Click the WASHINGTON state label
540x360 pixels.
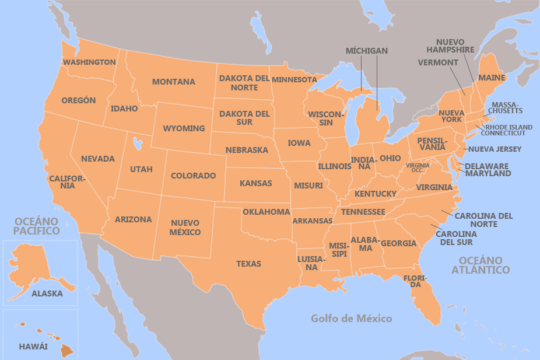point(89,62)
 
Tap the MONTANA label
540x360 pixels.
point(173,82)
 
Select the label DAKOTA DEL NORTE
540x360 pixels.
point(244,83)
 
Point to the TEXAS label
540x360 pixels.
point(248,264)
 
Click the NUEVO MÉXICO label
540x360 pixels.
point(185,228)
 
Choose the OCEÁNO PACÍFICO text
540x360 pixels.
point(37,226)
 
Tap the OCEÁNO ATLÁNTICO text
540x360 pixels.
point(481,265)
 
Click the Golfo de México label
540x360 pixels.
point(351,319)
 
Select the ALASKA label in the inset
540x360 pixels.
point(47,293)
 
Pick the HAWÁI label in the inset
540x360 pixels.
point(33,347)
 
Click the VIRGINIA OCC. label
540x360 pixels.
point(418,167)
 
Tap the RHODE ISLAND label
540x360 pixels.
point(509,127)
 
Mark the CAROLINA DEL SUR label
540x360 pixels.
point(456,238)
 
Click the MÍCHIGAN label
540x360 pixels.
point(366,51)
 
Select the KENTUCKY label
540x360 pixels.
point(375,194)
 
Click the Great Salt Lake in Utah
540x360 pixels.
point(138,142)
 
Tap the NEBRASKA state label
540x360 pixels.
point(247,150)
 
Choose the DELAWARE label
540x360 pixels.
point(486,166)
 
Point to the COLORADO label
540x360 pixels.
point(193,176)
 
